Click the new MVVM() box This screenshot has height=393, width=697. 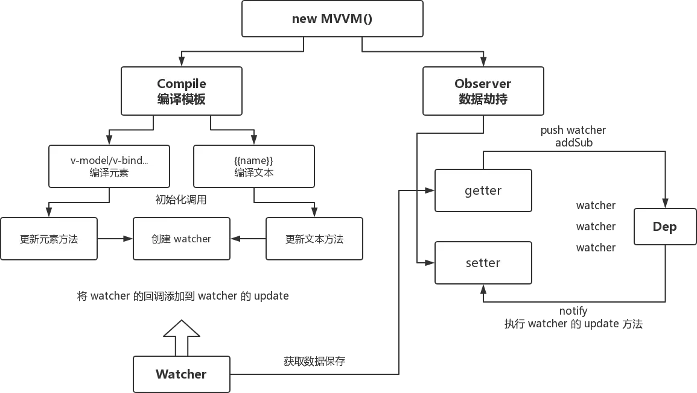(333, 19)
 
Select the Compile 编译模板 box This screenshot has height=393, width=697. (182, 91)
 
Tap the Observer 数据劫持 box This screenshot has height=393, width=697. (483, 91)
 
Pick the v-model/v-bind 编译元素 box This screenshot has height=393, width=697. (109, 166)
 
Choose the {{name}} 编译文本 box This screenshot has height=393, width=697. (254, 166)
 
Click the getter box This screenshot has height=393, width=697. (483, 190)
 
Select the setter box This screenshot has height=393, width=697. (483, 263)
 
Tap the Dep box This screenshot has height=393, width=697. (665, 227)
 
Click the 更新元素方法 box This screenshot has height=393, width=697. (49, 239)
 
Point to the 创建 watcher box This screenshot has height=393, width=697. (182, 239)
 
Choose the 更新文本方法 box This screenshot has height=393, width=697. (314, 239)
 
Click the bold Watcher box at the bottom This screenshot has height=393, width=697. (182, 374)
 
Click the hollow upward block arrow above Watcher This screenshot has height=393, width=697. (182, 338)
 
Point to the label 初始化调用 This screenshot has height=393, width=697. (181, 200)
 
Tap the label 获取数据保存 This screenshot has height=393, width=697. (314, 361)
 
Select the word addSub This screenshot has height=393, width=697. (574, 142)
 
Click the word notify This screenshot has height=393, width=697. (573, 311)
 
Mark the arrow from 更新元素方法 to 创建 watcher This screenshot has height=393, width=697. (115, 239)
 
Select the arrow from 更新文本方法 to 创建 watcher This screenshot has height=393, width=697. (248, 239)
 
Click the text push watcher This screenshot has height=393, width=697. (573, 130)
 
